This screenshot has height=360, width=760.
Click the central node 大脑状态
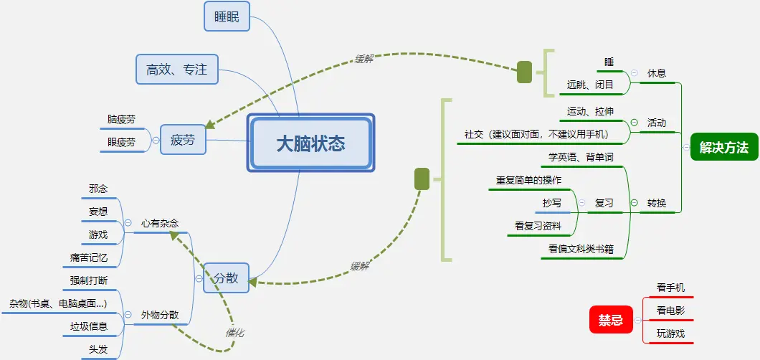[310, 143]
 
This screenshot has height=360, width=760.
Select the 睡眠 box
[227, 16]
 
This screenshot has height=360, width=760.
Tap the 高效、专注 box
[176, 69]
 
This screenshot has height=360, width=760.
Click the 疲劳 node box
[182, 140]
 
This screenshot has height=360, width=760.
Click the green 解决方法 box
[723, 148]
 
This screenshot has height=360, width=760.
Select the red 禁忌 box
[611, 320]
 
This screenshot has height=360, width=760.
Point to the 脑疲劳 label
[121, 119]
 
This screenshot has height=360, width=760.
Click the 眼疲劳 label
[121, 142]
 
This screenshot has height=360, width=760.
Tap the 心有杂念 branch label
[159, 223]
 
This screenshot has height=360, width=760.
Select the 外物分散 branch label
[159, 315]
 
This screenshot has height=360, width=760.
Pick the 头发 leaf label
[98, 349]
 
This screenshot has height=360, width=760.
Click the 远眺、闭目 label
[590, 85]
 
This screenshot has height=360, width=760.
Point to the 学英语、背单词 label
[581, 157]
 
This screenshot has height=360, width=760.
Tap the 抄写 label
[552, 203]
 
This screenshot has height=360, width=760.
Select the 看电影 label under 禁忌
[671, 311]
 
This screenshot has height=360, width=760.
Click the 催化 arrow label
[235, 333]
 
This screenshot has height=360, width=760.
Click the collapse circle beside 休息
[634, 73]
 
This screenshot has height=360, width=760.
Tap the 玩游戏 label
[671, 333]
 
